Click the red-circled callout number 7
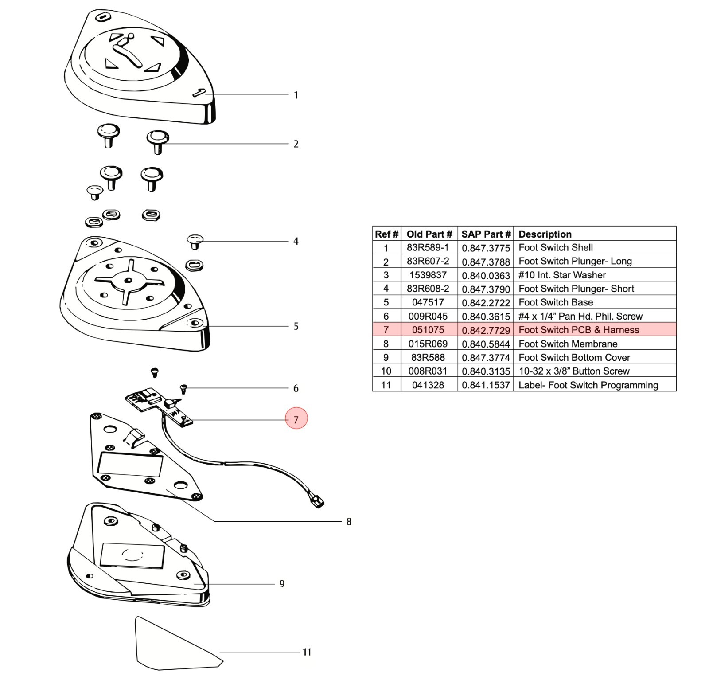click(x=296, y=419)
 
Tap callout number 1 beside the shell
click(x=296, y=95)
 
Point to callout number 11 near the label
click(x=307, y=652)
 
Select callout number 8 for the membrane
click(x=349, y=522)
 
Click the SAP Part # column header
click(x=486, y=234)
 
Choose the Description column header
click(x=545, y=234)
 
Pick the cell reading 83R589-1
click(x=428, y=247)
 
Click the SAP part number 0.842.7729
click(x=486, y=330)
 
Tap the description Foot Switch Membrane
click(x=568, y=344)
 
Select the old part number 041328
click(x=428, y=385)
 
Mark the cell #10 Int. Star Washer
click(x=562, y=275)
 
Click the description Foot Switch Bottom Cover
click(x=574, y=358)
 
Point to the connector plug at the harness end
click(x=318, y=502)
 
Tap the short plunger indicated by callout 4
click(x=195, y=242)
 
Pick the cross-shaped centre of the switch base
click(x=129, y=280)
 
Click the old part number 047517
click(x=428, y=302)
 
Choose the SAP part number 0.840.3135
click(x=486, y=371)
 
